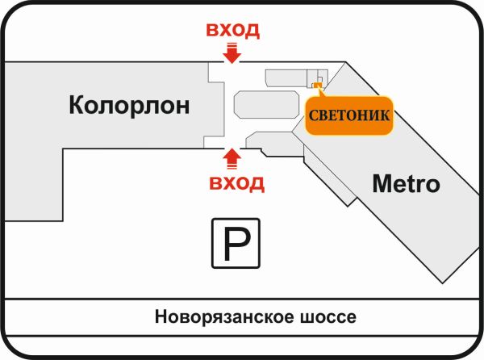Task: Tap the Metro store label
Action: (x=406, y=184)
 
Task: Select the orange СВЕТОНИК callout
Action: (x=350, y=116)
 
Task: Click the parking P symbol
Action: (x=236, y=242)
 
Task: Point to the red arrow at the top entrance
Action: (x=232, y=53)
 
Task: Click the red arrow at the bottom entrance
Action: (x=232, y=157)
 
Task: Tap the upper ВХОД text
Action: (x=232, y=31)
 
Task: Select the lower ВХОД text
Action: (x=236, y=182)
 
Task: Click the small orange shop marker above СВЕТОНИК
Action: (x=317, y=85)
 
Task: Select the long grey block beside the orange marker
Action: (x=287, y=77)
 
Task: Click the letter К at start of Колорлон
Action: (x=77, y=105)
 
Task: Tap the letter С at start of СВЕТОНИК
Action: (x=313, y=116)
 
